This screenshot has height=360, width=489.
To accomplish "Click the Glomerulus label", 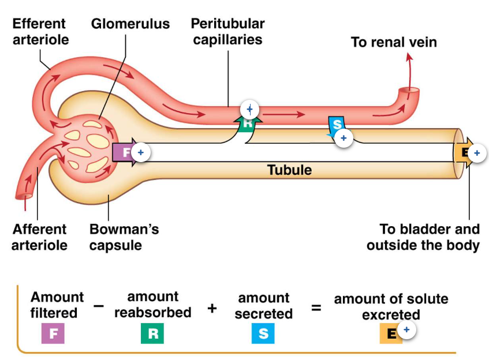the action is pyautogui.click(x=130, y=24).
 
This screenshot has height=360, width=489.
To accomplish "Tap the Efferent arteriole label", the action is pyautogui.click(x=40, y=32).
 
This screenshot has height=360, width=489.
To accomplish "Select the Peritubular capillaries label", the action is pyautogui.click(x=227, y=32).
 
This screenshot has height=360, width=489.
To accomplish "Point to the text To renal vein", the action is pyautogui.click(x=394, y=42).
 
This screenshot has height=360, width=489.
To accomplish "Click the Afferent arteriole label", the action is pyautogui.click(x=39, y=237).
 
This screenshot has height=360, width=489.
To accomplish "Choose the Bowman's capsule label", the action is pyautogui.click(x=124, y=237).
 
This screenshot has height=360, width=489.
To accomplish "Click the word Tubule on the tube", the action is pyautogui.click(x=289, y=170).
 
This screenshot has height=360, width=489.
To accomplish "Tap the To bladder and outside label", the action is pyautogui.click(x=423, y=237).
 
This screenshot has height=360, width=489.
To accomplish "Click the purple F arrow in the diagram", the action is pyautogui.click(x=125, y=152).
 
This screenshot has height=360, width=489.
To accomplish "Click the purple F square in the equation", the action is pyautogui.click(x=53, y=333).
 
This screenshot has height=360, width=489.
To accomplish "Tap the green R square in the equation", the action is pyautogui.click(x=152, y=333).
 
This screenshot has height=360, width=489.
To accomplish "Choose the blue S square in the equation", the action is pyautogui.click(x=263, y=333).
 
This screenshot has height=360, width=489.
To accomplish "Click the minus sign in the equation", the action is pyautogui.click(x=99, y=306).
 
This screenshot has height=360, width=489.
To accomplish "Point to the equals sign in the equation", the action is pyautogui.click(x=316, y=308).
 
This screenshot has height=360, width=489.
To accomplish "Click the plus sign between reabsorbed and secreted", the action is pyautogui.click(x=212, y=308).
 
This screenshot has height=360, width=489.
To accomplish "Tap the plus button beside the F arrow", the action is pyautogui.click(x=141, y=152).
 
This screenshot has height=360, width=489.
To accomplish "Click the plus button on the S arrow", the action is pyautogui.click(x=344, y=138).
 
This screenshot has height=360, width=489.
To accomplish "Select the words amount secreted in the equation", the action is pyautogui.click(x=264, y=306).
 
